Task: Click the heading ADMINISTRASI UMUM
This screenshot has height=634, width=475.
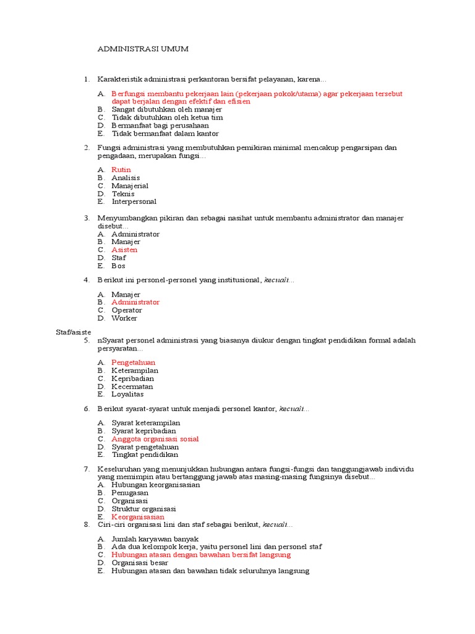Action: [143, 48]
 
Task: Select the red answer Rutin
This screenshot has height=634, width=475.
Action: [121, 170]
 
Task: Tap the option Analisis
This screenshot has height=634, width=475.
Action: [126, 178]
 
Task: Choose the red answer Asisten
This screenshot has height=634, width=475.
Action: [124, 250]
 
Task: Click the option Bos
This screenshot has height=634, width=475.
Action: [118, 266]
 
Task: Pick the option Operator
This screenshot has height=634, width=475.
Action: [127, 310]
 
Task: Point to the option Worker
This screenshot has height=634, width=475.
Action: [124, 318]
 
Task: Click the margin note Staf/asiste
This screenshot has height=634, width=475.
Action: [73, 332]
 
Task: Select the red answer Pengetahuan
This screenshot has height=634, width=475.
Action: [133, 362]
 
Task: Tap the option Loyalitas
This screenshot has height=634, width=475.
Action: [127, 394]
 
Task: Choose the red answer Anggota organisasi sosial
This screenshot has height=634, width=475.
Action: [155, 439]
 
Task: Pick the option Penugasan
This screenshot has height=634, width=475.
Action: [130, 493]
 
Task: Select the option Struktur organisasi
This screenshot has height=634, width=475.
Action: [143, 509]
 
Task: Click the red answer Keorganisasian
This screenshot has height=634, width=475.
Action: [138, 517]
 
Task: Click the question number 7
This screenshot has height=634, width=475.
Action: [87, 469]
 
